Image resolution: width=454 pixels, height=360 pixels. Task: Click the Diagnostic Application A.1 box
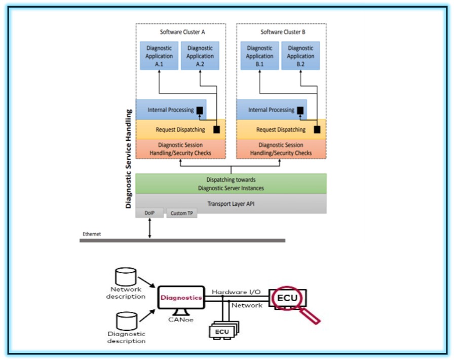coord(159,55)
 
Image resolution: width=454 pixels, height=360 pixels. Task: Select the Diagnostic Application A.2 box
coord(200,55)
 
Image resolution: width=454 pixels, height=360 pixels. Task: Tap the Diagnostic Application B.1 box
coord(260,55)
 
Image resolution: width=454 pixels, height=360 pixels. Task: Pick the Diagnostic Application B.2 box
coord(301,55)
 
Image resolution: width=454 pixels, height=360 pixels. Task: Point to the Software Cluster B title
coord(283,32)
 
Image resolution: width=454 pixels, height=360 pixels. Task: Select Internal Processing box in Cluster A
coord(170,110)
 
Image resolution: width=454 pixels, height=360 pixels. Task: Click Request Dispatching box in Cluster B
coord(281,130)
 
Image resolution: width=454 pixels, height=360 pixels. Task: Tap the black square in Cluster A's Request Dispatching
coord(217,130)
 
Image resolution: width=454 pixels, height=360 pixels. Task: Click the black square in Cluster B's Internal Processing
coord(300,110)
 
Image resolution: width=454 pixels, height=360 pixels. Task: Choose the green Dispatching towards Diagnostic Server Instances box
coord(231,184)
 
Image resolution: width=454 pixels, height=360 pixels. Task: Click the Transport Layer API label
coord(231,204)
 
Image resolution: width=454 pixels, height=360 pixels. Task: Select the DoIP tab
coord(149,213)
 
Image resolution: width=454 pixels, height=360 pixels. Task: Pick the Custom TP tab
coord(181,213)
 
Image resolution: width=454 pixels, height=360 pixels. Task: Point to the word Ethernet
coord(92,234)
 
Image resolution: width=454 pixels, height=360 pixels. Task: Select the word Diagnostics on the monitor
coord(181,298)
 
